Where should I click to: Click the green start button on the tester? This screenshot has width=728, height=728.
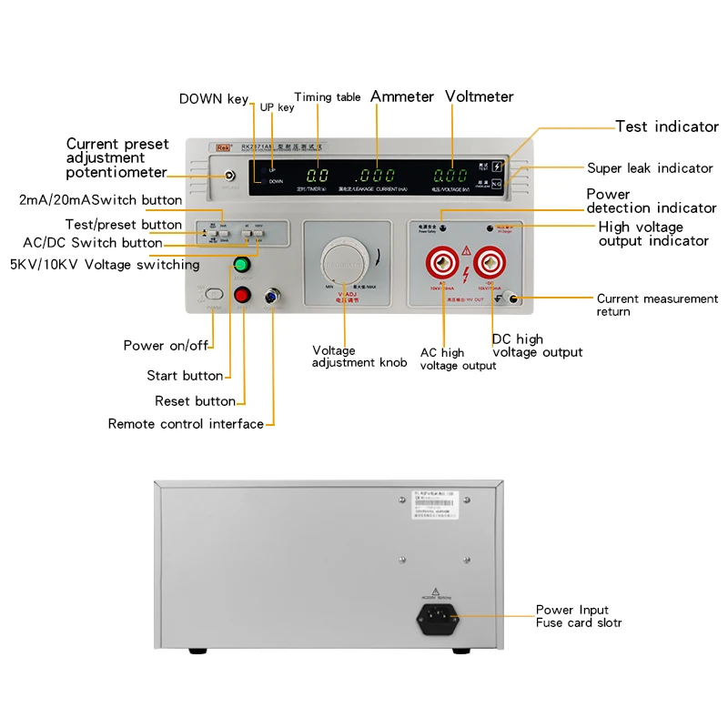(242, 265)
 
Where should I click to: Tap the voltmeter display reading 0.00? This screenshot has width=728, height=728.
(450, 176)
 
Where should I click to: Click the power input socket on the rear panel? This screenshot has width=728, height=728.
(438, 622)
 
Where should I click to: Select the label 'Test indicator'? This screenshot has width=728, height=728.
(667, 126)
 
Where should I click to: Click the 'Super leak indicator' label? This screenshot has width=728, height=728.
(650, 167)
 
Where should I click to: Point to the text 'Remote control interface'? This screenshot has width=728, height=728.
(186, 423)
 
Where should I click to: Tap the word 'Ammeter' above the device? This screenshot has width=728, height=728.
(401, 96)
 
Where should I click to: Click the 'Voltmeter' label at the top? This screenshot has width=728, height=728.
(479, 96)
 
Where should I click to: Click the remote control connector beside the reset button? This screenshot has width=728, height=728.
(271, 295)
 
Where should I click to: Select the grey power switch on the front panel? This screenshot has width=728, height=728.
(213, 294)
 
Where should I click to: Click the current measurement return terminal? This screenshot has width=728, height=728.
(512, 298)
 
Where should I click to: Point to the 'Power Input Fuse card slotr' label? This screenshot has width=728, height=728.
(578, 616)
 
